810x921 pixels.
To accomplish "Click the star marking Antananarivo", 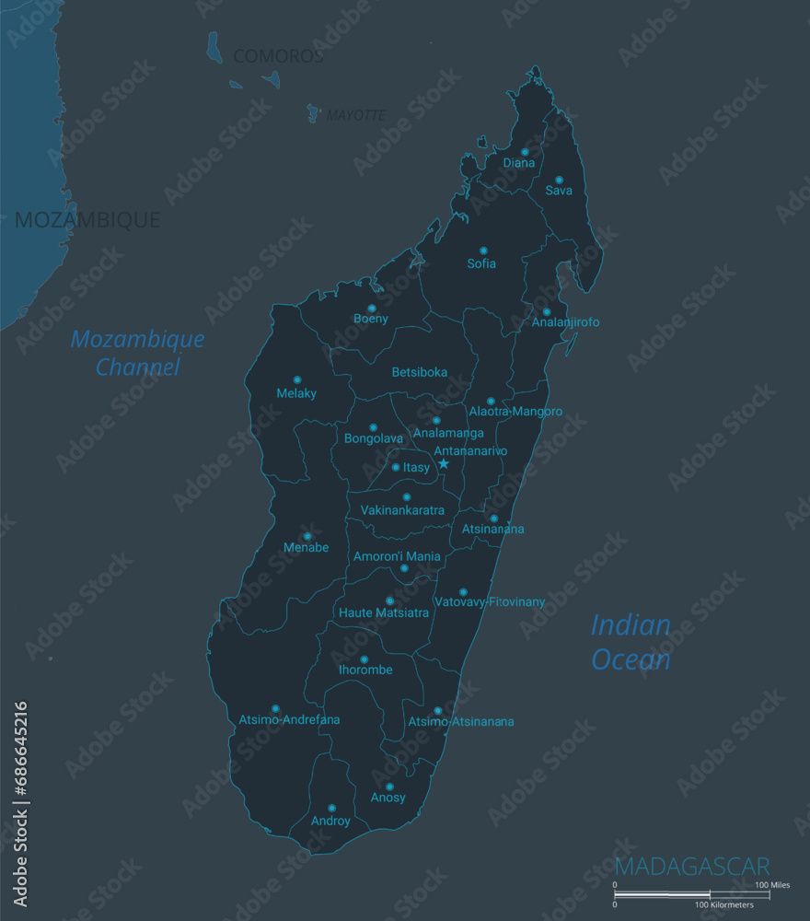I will [444, 464].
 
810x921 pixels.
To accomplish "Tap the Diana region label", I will [519, 163].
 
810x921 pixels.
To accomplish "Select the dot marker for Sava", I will [559, 180].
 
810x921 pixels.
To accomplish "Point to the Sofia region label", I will [481, 263].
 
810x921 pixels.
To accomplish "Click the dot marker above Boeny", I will [372, 309].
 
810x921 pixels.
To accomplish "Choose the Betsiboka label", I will [420, 373].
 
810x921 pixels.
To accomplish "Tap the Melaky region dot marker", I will [296, 379].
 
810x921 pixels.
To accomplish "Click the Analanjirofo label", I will [565, 322].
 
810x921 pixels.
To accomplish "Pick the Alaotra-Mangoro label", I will [515, 412].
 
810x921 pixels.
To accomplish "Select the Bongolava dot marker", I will [373, 427].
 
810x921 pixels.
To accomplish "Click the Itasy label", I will [416, 468].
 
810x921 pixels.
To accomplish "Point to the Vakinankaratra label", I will [402, 510].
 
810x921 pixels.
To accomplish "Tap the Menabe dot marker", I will [307, 536].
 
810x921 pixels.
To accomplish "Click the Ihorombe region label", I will [365, 670].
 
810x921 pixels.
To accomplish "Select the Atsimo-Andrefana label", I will [289, 719].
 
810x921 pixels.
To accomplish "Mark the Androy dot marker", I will [331, 808].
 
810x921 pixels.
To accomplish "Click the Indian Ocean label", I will [631, 642].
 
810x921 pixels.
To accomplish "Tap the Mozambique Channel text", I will [138, 353].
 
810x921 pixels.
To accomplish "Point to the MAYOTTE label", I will [355, 116].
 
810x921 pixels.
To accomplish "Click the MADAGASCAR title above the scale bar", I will [692, 867].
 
